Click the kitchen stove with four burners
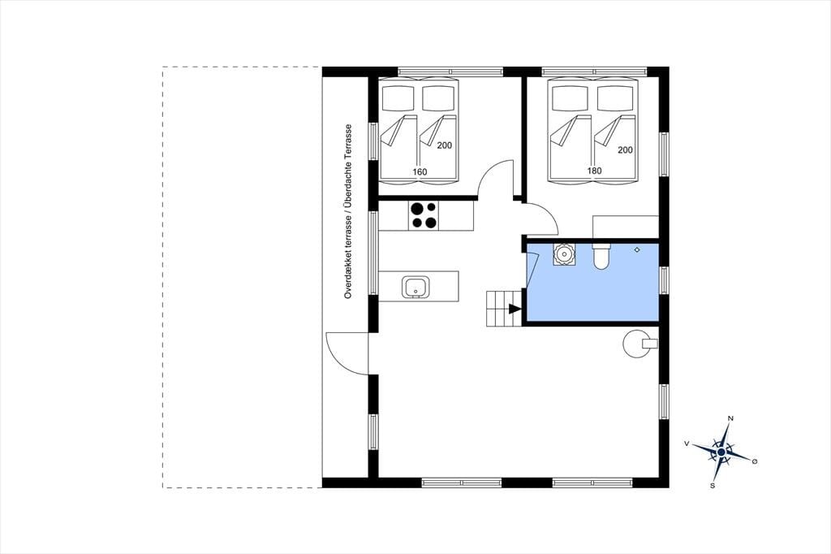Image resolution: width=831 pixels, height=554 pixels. click(x=424, y=215)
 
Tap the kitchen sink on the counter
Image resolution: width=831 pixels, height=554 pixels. click(x=416, y=287)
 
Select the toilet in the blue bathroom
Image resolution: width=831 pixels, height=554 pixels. click(x=601, y=255)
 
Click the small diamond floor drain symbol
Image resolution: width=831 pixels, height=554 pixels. click(x=638, y=249)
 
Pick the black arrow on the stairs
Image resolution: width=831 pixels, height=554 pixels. click(x=515, y=309)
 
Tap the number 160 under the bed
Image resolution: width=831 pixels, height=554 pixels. click(x=420, y=172)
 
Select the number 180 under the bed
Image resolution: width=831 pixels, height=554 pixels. click(x=594, y=171)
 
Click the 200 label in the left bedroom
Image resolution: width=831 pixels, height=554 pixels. click(x=445, y=145)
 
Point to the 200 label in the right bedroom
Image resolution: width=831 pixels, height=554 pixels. click(x=626, y=150)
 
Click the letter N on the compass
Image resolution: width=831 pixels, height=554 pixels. click(x=731, y=418)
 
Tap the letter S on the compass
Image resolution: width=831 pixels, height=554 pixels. click(x=713, y=485)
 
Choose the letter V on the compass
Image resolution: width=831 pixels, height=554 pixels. click(x=687, y=443)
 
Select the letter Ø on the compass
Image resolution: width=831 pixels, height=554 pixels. click(x=755, y=461)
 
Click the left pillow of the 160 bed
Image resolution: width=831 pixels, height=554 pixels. click(x=398, y=97)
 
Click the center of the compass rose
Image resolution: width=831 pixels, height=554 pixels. click(x=721, y=452)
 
